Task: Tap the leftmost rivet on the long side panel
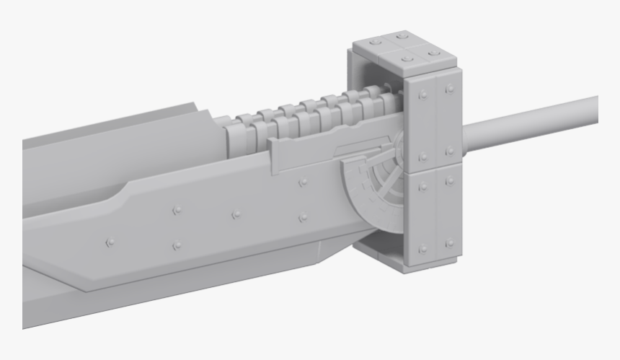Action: coord(110,242)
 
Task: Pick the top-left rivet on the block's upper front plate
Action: coord(422,95)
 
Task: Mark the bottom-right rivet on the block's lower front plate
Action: coord(451,243)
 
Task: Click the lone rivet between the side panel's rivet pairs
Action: coord(236,214)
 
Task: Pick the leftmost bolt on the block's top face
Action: coord(373,43)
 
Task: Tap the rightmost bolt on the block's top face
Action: coord(433,53)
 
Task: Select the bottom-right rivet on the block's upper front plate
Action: coord(451,152)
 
